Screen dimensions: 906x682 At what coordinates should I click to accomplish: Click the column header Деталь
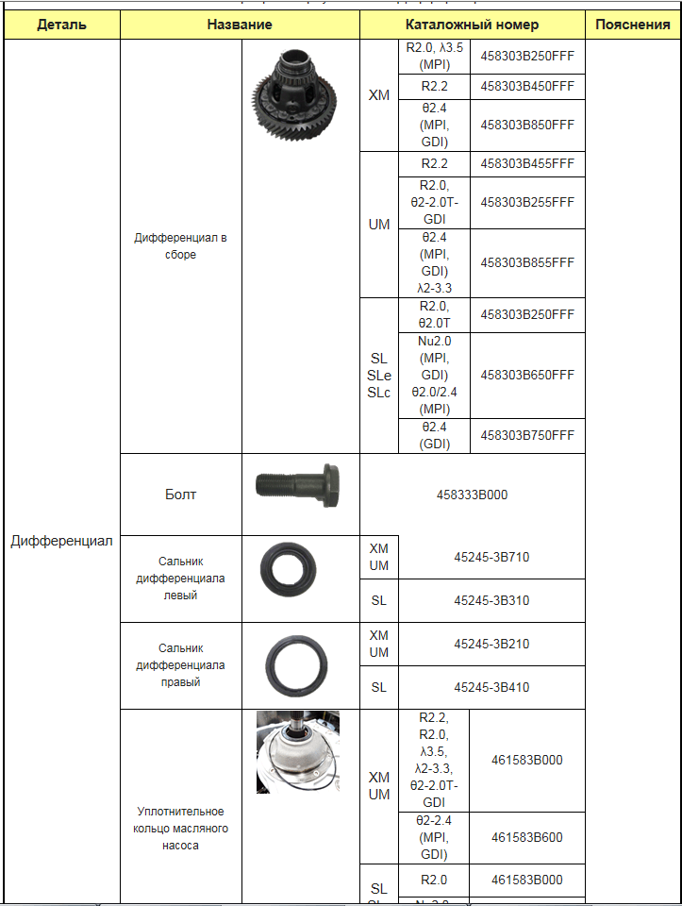(x=61, y=25)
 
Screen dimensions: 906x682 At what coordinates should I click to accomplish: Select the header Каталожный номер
(x=473, y=25)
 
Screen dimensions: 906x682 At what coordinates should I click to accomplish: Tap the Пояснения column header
(x=633, y=25)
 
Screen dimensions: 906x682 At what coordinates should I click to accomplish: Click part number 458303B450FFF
(x=526, y=86)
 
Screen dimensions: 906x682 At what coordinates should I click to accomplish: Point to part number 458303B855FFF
(x=526, y=262)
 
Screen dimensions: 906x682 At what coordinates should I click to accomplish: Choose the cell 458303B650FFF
(x=526, y=375)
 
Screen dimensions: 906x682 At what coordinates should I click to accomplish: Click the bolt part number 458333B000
(x=472, y=494)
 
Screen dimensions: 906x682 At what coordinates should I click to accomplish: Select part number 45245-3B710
(x=491, y=557)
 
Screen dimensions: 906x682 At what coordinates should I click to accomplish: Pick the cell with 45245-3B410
(x=491, y=687)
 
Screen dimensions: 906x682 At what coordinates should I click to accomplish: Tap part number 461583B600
(x=526, y=837)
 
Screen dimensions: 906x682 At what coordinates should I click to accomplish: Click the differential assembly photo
(x=300, y=92)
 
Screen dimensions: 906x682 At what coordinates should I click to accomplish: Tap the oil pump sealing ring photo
(x=298, y=752)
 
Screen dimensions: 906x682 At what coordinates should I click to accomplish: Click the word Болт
(x=180, y=494)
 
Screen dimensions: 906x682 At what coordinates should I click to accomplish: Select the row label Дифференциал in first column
(x=61, y=541)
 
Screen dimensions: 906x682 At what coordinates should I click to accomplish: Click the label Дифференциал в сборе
(x=180, y=246)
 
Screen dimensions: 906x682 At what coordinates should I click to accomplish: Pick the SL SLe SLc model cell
(x=378, y=375)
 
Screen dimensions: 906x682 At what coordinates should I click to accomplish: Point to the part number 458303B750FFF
(x=526, y=435)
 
